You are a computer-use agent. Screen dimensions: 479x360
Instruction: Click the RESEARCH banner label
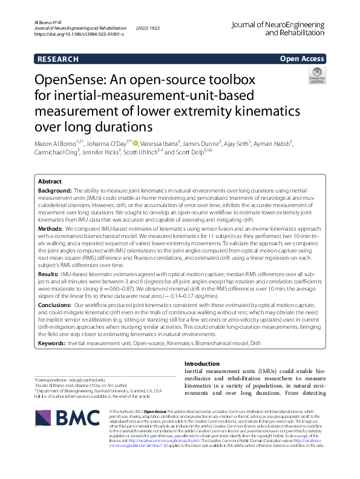[57, 59]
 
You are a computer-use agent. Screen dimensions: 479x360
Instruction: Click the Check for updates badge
[316, 76]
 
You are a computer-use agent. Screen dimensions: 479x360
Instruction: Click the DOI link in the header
[79, 35]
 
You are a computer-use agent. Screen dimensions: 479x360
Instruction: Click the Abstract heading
[50, 182]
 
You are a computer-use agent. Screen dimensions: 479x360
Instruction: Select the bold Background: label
[55, 190]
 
